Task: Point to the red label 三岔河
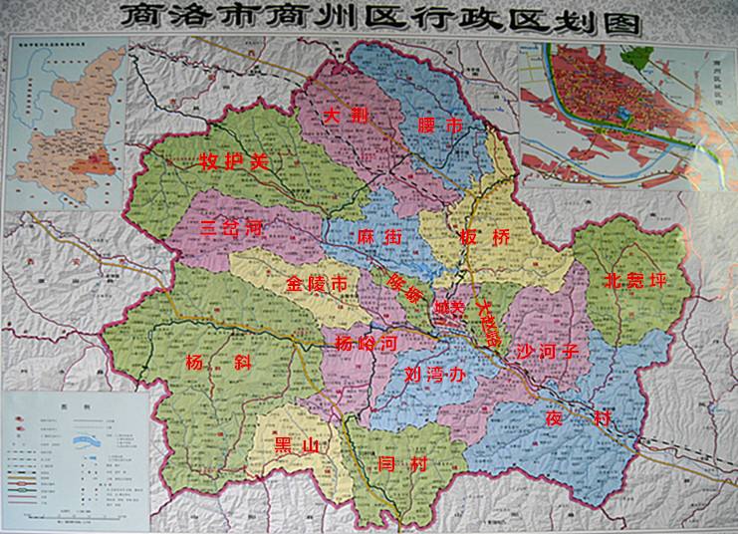coord(230,228)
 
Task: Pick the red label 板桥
coord(484,239)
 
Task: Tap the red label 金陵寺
coord(317,285)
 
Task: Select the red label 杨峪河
coord(367,344)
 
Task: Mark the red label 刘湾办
coord(435,376)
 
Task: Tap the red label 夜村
coord(576,419)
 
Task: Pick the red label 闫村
coord(402,463)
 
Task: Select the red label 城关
coord(449,309)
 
